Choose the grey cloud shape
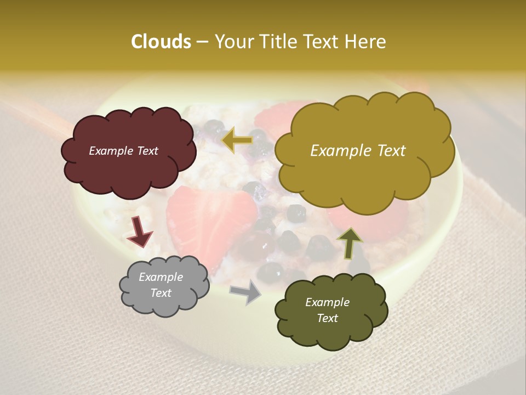164,304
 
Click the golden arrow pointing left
237,140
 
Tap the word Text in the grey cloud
161,293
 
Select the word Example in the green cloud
327,302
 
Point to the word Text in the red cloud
147,151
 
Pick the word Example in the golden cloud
338,151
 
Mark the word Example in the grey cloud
161,277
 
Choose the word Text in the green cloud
327,318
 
